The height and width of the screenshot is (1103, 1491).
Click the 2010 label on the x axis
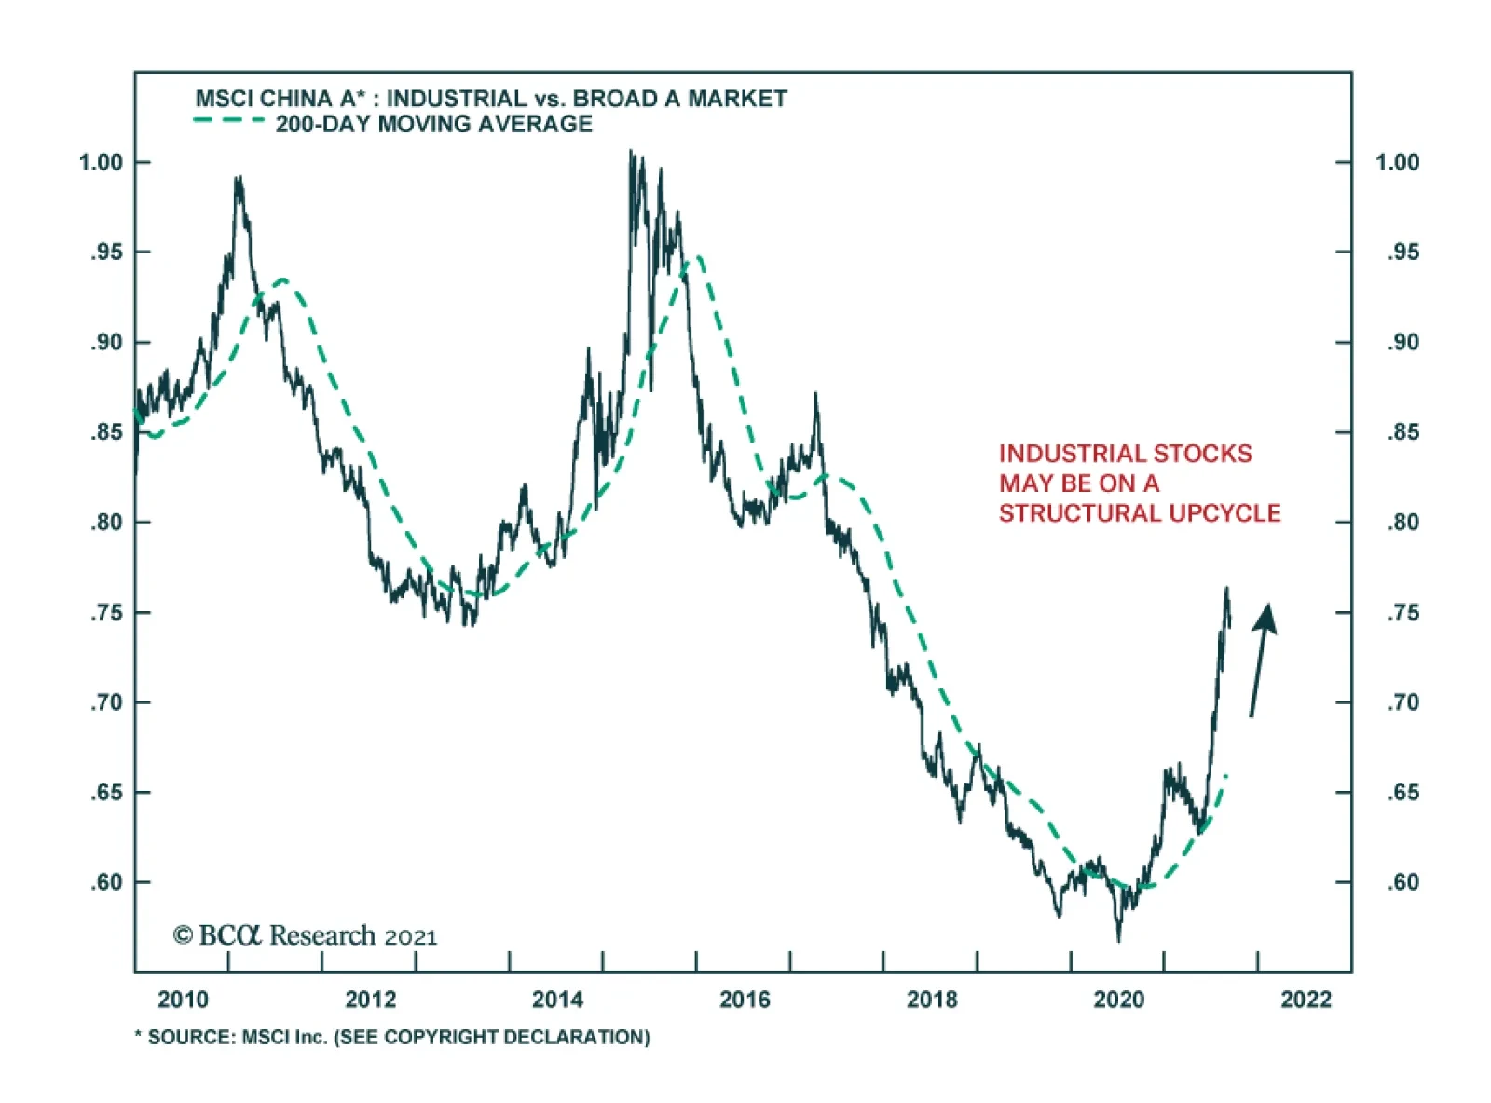(183, 1000)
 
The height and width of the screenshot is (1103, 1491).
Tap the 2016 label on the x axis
(745, 1000)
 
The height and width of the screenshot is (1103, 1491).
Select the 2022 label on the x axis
(1306, 1000)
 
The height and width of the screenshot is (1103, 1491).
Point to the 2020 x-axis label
(1118, 1000)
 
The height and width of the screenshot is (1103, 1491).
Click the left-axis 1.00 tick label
(101, 162)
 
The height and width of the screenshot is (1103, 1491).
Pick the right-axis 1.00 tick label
(1397, 162)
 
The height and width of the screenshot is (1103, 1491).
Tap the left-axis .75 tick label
(106, 613)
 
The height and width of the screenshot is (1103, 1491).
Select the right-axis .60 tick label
(1402, 882)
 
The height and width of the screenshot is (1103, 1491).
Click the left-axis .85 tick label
(106, 432)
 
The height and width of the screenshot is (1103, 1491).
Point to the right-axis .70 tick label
(1402, 702)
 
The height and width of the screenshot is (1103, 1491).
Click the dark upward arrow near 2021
(1261, 660)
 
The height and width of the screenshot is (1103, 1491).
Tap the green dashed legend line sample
(228, 121)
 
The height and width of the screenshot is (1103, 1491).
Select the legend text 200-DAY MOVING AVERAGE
(433, 124)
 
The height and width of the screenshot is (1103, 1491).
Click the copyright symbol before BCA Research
(183, 935)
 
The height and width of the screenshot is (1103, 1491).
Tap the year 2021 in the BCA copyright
(410, 937)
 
